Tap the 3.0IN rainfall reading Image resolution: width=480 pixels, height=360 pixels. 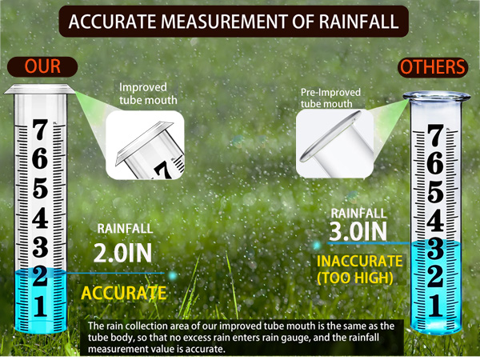[x=358, y=231]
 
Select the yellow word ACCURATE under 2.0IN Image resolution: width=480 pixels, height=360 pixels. [x=123, y=293]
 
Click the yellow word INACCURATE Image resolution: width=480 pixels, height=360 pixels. [x=358, y=262]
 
